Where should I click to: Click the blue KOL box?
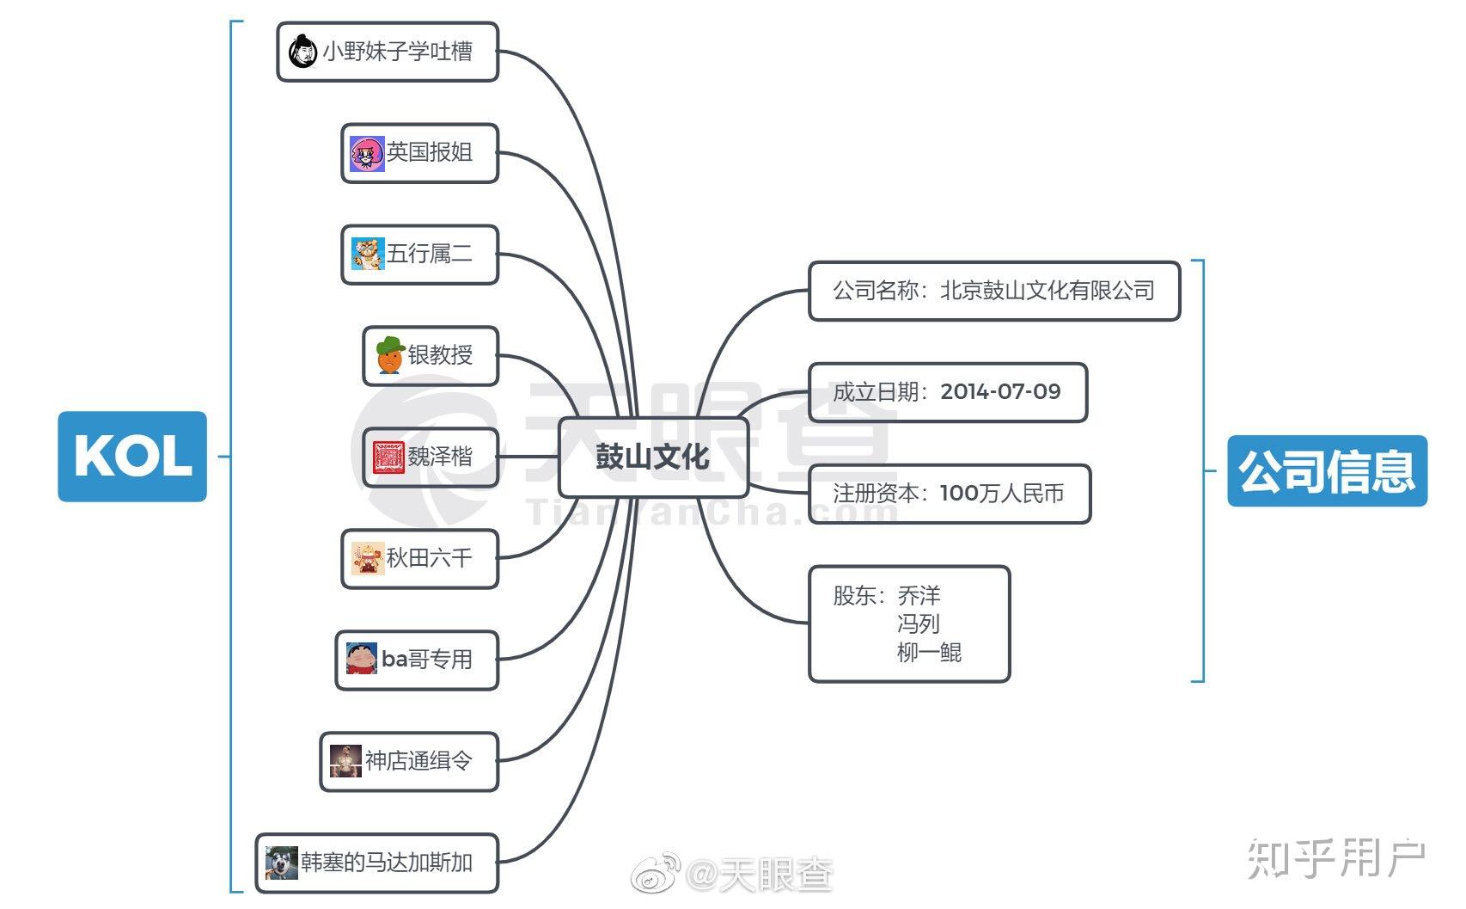tap(132, 457)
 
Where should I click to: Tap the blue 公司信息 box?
tap(1328, 471)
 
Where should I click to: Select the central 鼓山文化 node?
tap(653, 458)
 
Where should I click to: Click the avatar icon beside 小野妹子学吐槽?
tap(303, 51)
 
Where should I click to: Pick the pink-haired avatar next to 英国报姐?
tap(366, 153)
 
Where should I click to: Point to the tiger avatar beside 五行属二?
tap(367, 254)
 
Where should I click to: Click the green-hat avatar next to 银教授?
tap(390, 356)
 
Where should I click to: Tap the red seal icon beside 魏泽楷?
tap(388, 458)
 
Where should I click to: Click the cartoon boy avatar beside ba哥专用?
tap(362, 659)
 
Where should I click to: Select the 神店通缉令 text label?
tap(418, 761)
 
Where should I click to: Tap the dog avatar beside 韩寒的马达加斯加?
tap(282, 863)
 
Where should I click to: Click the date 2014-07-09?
tap(1000, 391)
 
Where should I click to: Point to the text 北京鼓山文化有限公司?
tap(1048, 291)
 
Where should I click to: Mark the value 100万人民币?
tap(1002, 493)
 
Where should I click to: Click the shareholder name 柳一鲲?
tap(929, 652)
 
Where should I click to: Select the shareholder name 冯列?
tap(919, 623)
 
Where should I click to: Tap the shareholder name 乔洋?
tap(919, 595)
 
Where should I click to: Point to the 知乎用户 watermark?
tap(1335, 858)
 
